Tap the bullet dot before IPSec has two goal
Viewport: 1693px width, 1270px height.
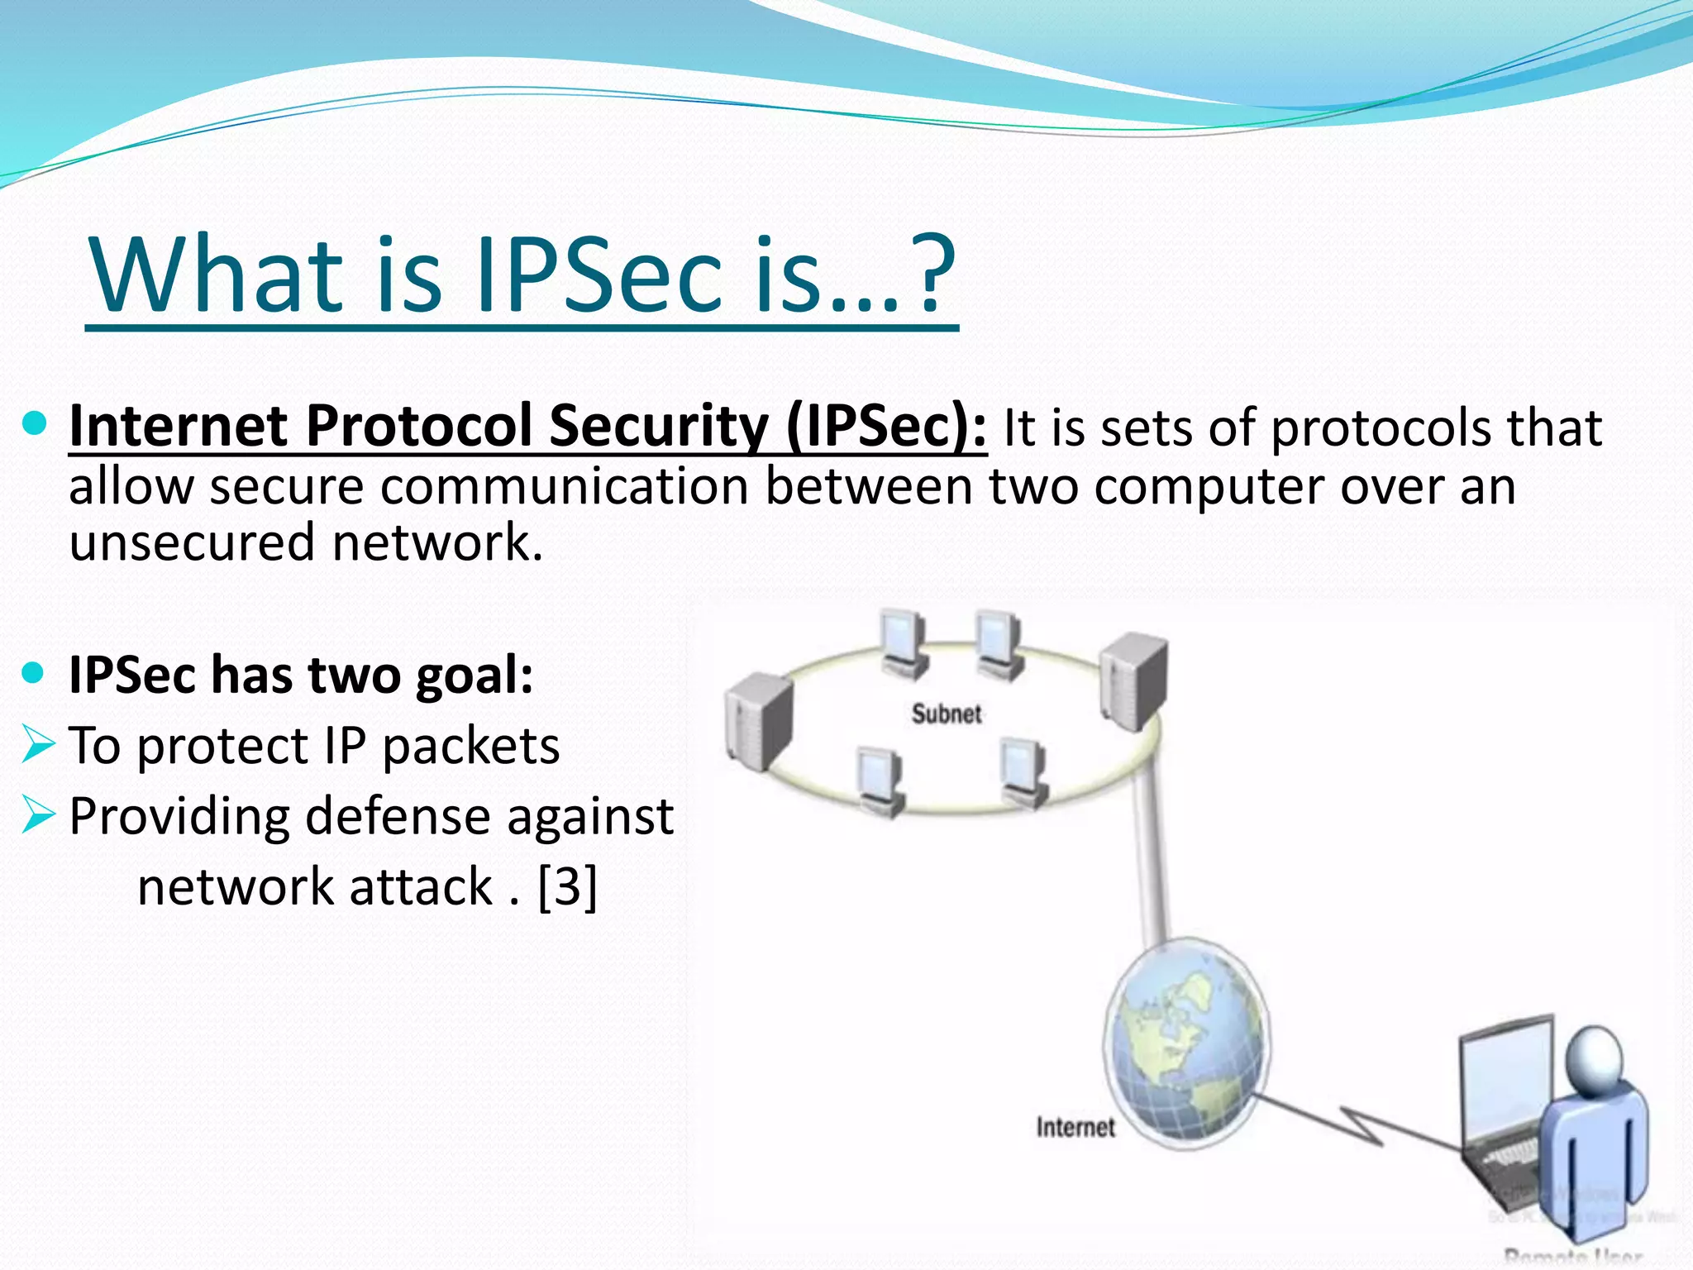pos(34,674)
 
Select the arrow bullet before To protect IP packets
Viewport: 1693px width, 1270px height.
pos(38,743)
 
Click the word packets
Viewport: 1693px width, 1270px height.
pos(470,747)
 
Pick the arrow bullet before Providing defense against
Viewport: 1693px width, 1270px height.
pos(38,814)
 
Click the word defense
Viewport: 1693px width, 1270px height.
pos(398,817)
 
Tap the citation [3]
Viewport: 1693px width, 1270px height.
pos(567,886)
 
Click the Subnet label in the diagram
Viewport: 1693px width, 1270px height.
pos(946,714)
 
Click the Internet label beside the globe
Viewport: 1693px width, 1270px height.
pos(1075,1127)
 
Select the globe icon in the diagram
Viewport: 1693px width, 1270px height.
pos(1185,1043)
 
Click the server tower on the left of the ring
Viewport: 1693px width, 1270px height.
pos(758,719)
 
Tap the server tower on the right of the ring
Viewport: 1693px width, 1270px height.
pos(1134,680)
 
